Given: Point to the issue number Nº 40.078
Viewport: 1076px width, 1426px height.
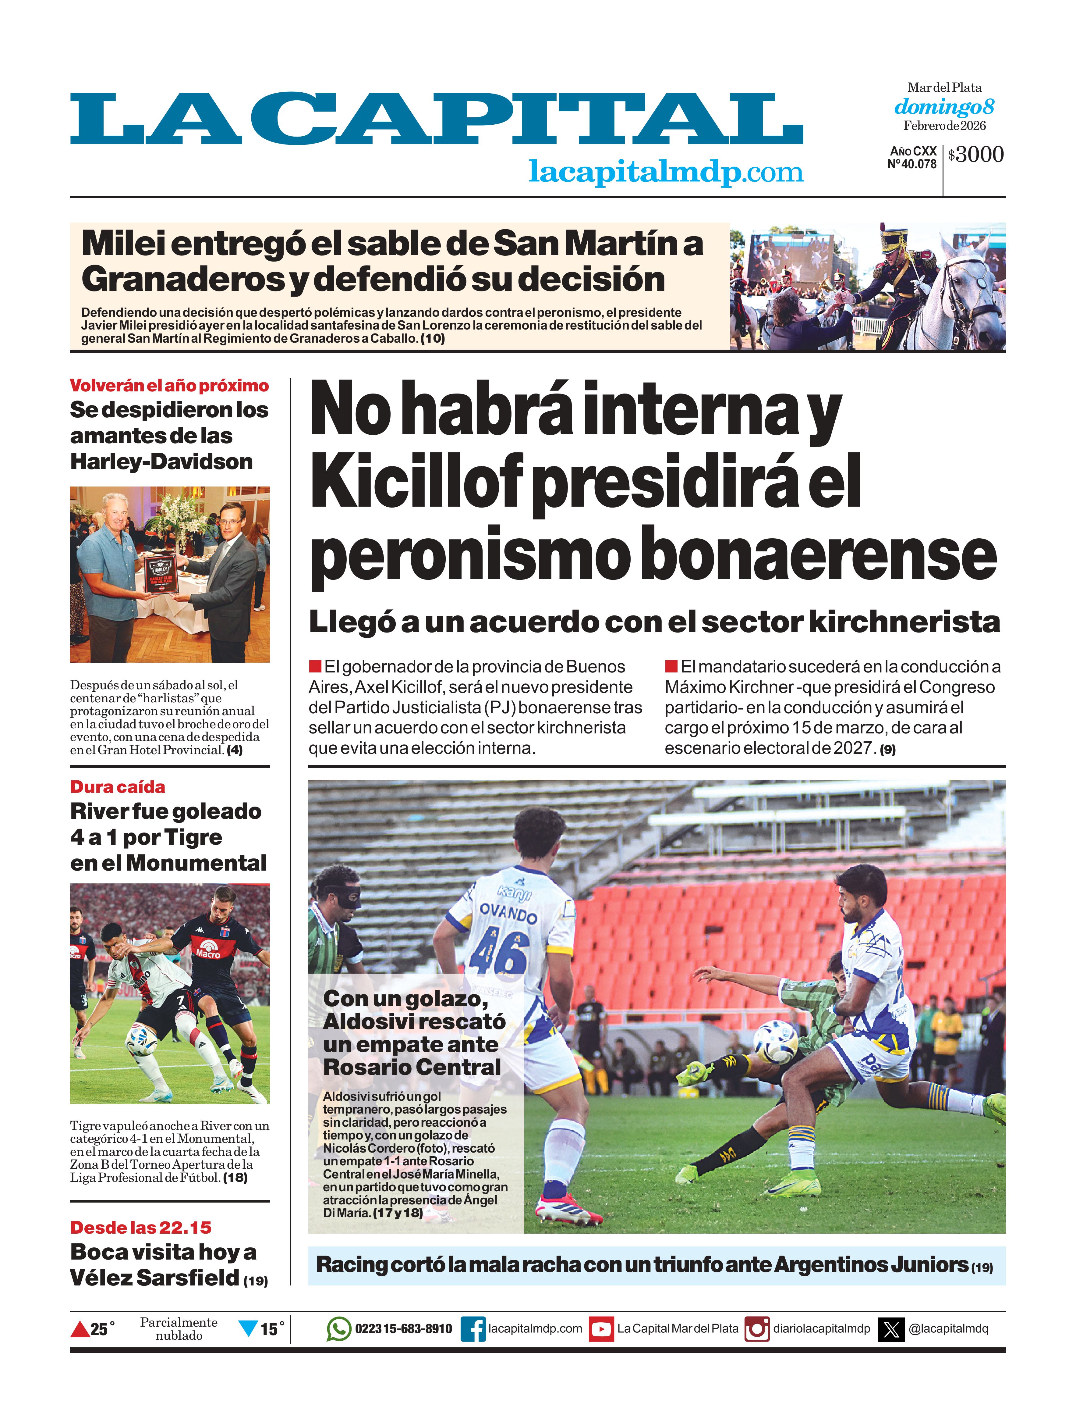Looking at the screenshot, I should tap(912, 164).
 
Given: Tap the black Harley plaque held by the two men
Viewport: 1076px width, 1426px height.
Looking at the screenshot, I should tap(158, 572).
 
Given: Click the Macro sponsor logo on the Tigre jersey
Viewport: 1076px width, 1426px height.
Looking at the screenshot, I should tap(208, 948).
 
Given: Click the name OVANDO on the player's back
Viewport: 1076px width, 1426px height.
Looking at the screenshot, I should tap(508, 913).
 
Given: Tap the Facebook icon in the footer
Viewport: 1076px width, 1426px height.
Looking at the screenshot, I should tap(473, 1329).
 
